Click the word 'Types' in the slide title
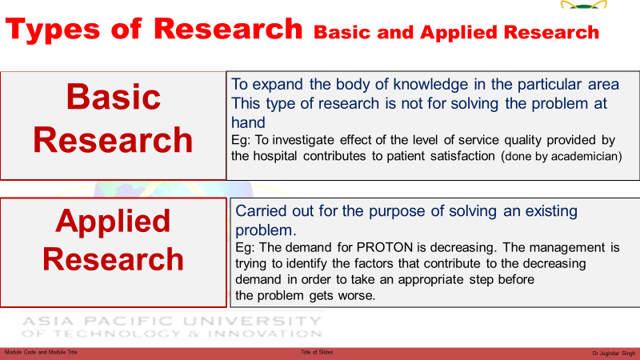click(53, 30)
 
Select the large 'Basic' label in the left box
click(114, 97)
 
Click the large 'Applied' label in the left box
click(113, 222)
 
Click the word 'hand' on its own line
click(248, 122)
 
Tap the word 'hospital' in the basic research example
click(274, 156)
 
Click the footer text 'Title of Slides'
click(317, 352)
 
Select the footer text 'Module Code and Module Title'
click(41, 352)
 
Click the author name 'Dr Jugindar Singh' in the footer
click(614, 353)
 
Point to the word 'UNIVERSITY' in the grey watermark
click(252, 322)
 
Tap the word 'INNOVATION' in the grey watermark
click(265, 334)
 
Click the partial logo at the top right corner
click(584, 4)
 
